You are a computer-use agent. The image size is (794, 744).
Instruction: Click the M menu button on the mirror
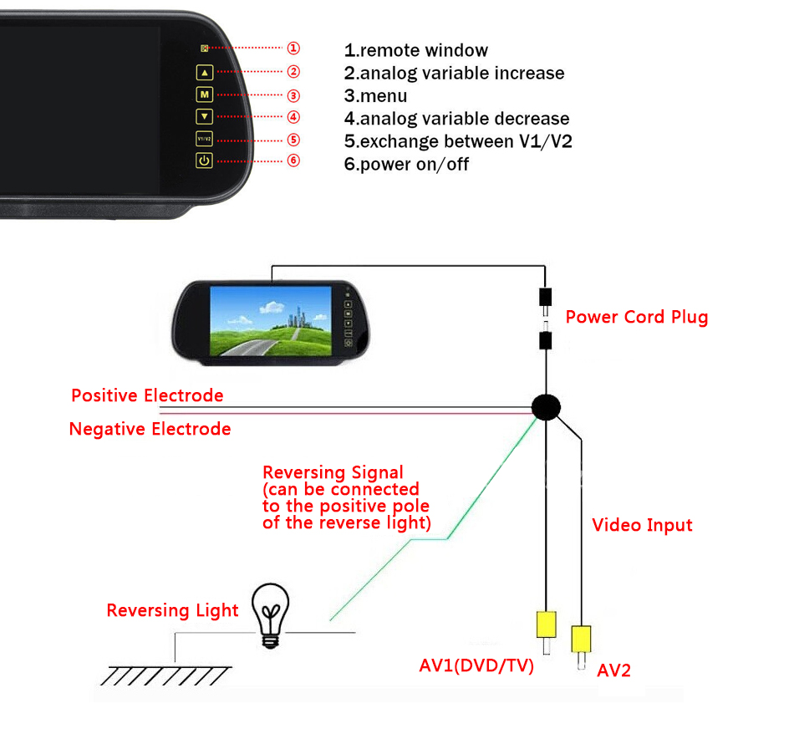(x=205, y=94)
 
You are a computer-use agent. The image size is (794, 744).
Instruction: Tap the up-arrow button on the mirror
(x=205, y=72)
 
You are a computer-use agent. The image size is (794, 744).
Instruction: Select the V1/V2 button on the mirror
(x=205, y=139)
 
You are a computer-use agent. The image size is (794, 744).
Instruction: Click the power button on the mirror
(x=205, y=161)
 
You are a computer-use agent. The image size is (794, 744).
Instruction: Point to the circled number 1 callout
(x=293, y=49)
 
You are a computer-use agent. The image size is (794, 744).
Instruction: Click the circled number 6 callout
(x=293, y=161)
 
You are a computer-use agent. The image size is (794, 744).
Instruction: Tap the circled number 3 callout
(x=293, y=95)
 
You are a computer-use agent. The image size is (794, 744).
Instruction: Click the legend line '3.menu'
(x=375, y=96)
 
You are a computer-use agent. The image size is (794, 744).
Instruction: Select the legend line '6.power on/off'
(x=406, y=164)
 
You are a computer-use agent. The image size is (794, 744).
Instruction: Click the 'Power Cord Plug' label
(x=636, y=317)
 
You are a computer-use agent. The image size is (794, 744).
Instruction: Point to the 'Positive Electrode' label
(x=147, y=395)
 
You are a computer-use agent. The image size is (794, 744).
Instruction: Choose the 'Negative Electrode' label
(x=150, y=430)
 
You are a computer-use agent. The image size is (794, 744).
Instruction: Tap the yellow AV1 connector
(x=546, y=624)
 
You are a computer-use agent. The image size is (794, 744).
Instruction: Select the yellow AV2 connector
(x=581, y=640)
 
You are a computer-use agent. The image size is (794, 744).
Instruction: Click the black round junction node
(x=546, y=407)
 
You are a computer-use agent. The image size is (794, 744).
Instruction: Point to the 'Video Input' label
(x=642, y=525)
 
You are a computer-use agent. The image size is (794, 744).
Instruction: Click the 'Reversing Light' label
(x=172, y=610)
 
